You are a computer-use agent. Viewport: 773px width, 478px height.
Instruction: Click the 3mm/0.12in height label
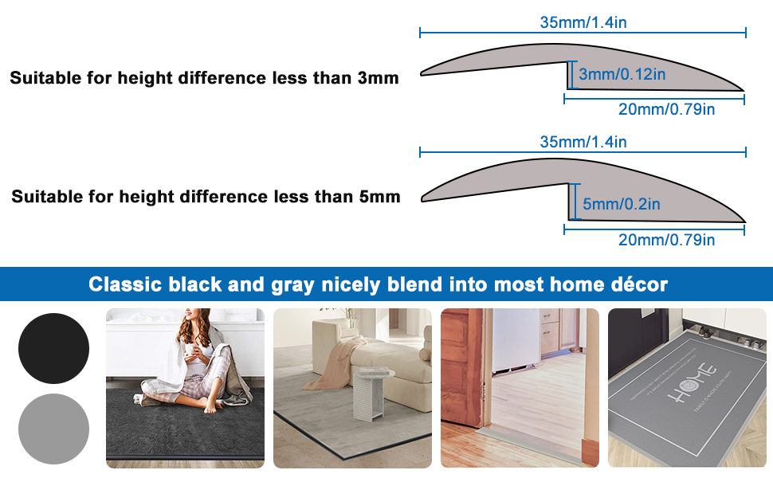622,75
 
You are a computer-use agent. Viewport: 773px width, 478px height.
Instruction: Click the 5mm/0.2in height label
622,205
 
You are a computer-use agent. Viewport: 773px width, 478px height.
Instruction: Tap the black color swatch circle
53,348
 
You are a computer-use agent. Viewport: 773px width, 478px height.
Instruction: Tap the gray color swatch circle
53,429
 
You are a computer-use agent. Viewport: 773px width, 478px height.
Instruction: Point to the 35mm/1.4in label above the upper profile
583,22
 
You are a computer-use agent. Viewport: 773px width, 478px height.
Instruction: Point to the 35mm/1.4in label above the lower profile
583,142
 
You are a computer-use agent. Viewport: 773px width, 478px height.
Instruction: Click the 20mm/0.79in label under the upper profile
666,110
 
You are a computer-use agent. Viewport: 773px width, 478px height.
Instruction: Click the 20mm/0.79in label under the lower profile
666,240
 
